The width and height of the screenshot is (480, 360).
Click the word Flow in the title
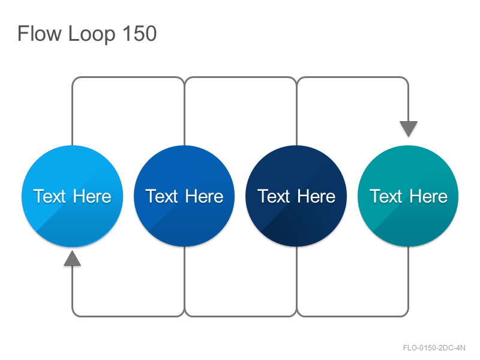tap(40, 34)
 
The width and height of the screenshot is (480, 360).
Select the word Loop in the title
tap(92, 35)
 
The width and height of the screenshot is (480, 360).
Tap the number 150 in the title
tap(140, 34)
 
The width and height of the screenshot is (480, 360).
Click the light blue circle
tap(72, 196)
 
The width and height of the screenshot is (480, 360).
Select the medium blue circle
tap(184, 196)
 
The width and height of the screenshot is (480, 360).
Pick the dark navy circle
tap(296, 196)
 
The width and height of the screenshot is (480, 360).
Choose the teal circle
tap(408, 196)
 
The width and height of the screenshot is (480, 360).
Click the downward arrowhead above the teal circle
tap(409, 128)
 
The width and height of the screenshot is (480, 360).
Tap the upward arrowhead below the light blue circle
tap(72, 259)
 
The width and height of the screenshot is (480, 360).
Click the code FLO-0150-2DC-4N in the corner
tap(434, 348)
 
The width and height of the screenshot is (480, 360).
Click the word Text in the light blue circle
tap(49, 196)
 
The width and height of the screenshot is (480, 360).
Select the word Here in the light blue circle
tap(92, 196)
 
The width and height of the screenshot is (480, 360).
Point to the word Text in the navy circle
tap(274, 196)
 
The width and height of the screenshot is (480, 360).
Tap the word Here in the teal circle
tap(428, 196)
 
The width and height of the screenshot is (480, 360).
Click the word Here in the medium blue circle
tap(204, 196)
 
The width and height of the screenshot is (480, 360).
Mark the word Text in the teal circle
tap(385, 196)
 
